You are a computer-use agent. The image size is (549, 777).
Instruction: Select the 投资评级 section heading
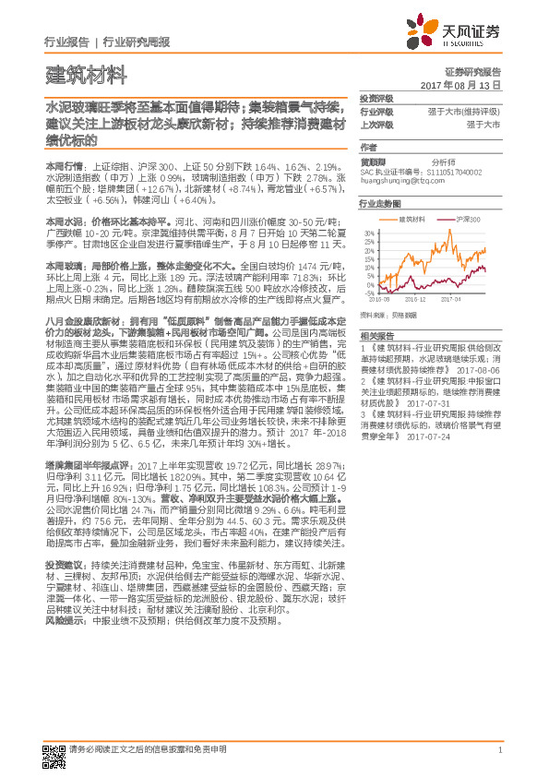pyautogui.click(x=376, y=99)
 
